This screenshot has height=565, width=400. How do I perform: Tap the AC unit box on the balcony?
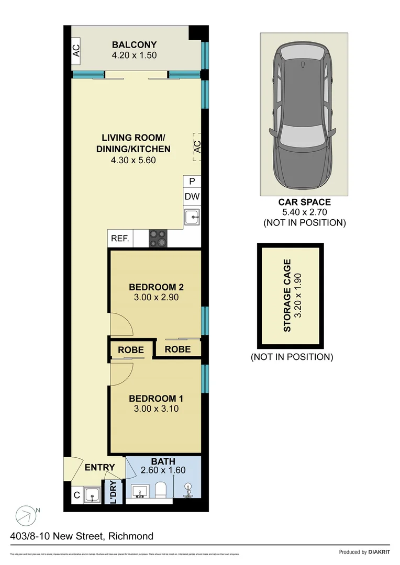coord(76,50)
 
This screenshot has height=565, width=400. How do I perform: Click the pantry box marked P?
coord(192,182)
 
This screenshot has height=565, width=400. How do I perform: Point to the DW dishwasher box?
coord(192,197)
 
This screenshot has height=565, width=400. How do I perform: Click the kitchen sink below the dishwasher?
coord(192,216)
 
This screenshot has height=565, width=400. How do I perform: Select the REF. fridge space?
coord(120,239)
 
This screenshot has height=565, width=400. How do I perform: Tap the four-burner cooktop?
coord(158,239)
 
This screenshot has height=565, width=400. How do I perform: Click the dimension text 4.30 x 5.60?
coord(133,160)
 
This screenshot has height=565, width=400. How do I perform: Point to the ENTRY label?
coord(99,468)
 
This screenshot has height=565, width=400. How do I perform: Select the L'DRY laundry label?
coord(114,492)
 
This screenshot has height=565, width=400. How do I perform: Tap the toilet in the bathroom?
coord(161,491)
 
